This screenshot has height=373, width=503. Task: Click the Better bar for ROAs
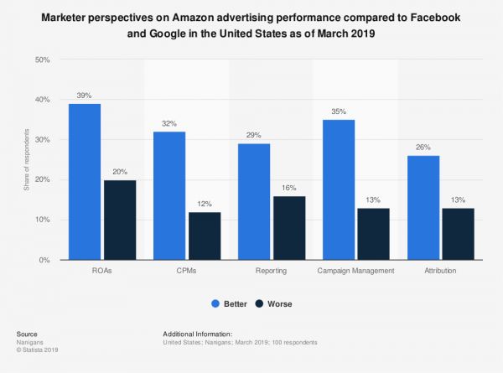[85, 182]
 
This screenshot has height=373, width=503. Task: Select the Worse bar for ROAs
[119, 220]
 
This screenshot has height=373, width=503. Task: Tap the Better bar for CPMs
[169, 196]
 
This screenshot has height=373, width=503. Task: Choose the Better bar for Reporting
[254, 202]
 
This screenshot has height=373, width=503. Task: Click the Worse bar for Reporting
[288, 228]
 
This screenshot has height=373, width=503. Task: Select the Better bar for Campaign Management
[339, 190]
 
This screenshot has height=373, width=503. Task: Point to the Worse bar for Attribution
[458, 234]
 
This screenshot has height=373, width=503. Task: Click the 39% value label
[85, 96]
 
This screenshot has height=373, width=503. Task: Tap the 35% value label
[339, 111]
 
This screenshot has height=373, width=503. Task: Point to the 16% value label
[288, 189]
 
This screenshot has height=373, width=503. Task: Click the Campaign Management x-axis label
[356, 273]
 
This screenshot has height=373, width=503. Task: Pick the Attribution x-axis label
[441, 273]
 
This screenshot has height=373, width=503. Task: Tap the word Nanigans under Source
[29, 340]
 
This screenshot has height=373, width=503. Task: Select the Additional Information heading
[198, 333]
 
